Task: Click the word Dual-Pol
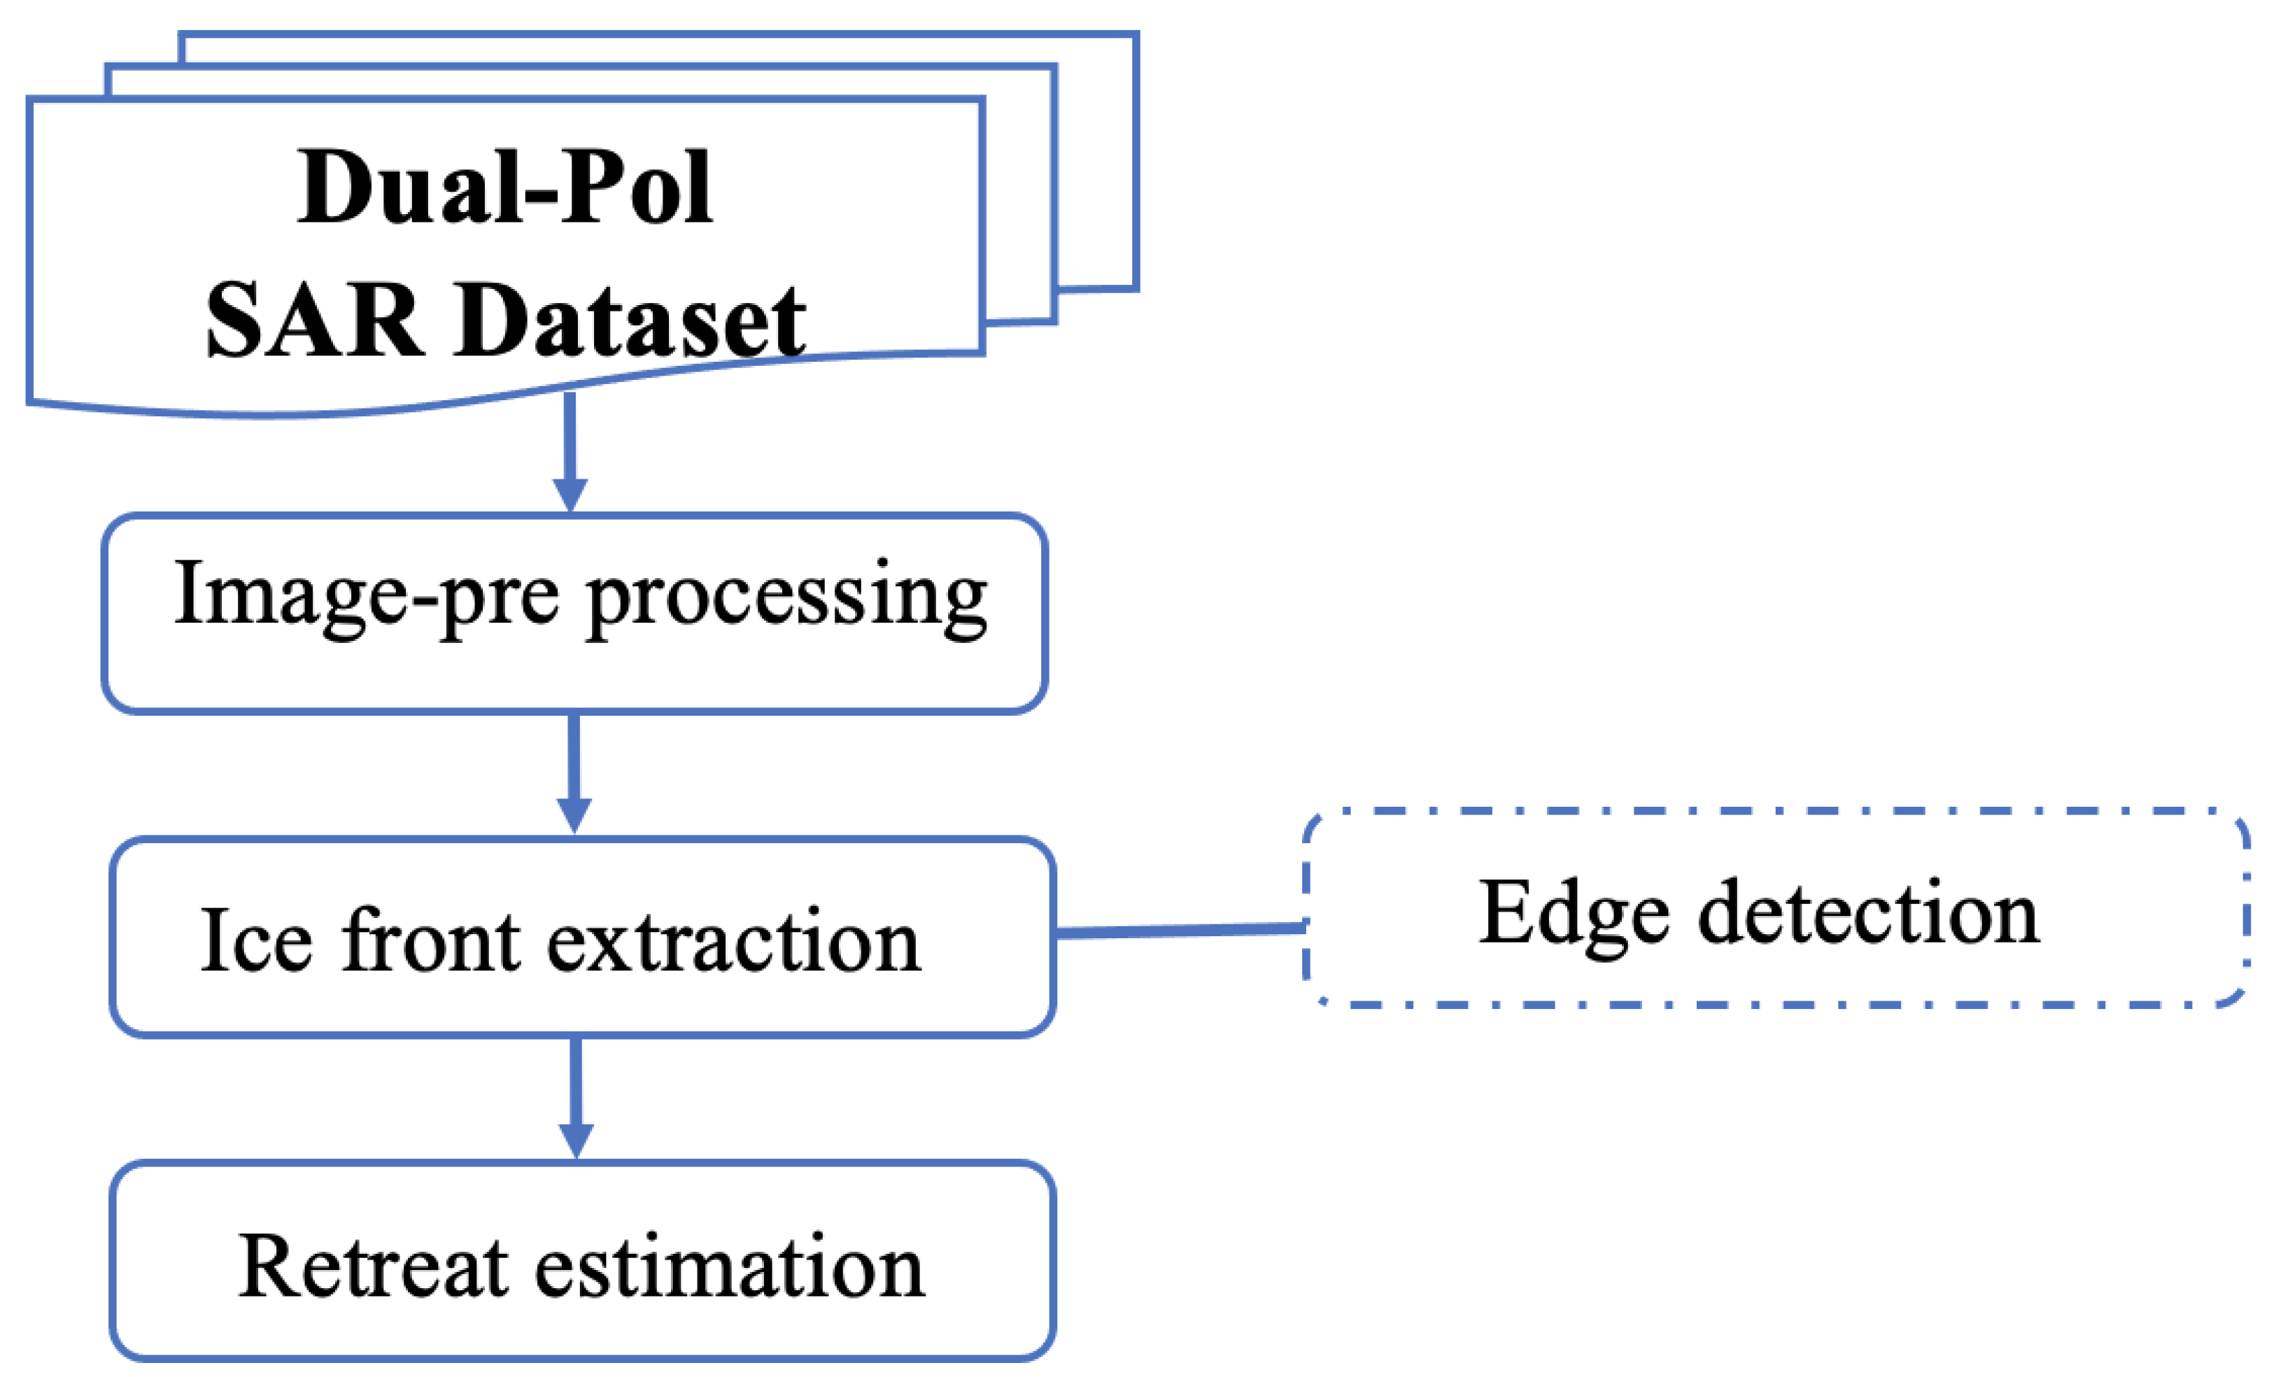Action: (x=504, y=189)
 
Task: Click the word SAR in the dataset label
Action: (x=315, y=323)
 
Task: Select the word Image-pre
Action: (x=367, y=597)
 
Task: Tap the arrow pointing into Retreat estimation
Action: (x=577, y=1092)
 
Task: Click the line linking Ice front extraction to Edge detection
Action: (x=1180, y=932)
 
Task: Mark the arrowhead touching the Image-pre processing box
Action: (x=570, y=495)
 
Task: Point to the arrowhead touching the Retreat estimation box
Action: (x=577, y=1142)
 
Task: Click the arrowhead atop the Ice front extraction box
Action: (x=574, y=816)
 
